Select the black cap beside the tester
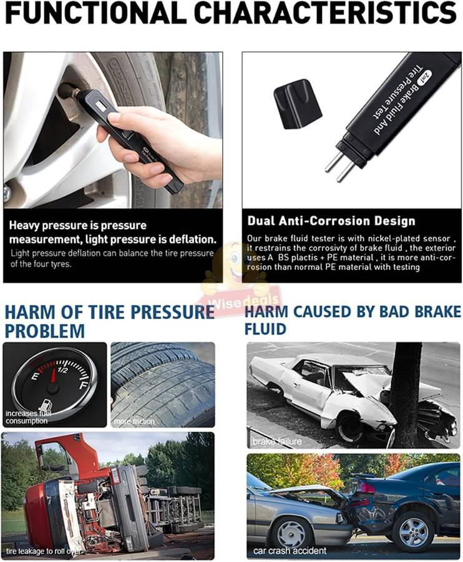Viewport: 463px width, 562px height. (297, 103)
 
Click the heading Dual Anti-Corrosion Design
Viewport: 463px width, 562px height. (331, 220)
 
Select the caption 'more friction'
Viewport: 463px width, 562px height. (134, 421)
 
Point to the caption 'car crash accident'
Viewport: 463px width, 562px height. (290, 550)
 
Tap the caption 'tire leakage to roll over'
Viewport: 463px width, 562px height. (44, 550)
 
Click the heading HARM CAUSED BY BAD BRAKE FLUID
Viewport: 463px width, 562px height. (352, 319)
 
